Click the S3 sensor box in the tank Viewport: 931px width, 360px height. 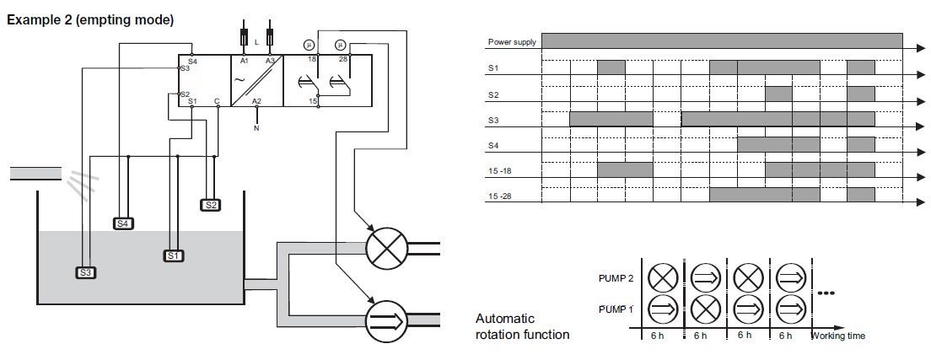coord(85,272)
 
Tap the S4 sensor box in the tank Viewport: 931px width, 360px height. coord(123,223)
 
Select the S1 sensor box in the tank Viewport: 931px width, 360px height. coord(174,255)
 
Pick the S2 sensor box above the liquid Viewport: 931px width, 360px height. coord(210,204)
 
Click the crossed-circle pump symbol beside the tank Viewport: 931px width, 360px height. coord(385,248)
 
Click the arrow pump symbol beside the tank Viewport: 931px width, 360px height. coord(385,319)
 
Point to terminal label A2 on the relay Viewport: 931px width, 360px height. coord(257,100)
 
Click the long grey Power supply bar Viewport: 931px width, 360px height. coord(721,41)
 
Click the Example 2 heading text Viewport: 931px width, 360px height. coord(90,19)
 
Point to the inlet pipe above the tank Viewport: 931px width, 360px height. coord(35,175)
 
